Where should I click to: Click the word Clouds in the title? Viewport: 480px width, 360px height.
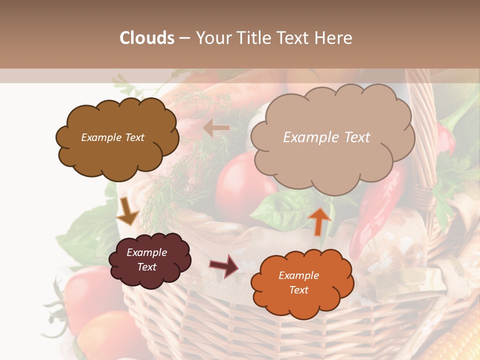(x=147, y=38)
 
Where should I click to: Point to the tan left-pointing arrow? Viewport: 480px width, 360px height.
(x=216, y=128)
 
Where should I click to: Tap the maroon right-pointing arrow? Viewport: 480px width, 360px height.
(x=224, y=265)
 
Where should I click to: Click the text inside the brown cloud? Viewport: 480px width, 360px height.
(x=112, y=137)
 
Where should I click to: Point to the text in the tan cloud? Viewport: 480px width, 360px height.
(x=326, y=137)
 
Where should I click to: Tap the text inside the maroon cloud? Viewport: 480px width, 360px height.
(x=147, y=259)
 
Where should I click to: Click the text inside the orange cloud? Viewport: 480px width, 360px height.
(x=298, y=282)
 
